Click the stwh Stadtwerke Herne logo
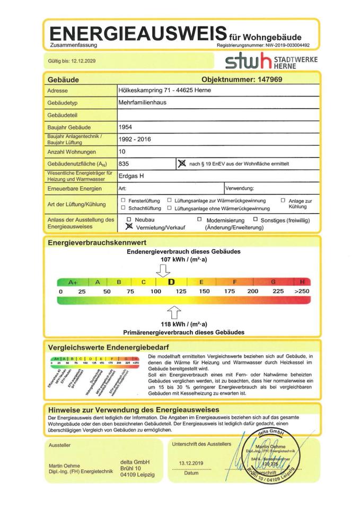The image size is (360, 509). click(271, 62)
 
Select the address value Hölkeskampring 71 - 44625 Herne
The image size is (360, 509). click(164, 90)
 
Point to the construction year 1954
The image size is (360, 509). click(126, 127)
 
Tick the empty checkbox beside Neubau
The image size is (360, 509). click(129, 218)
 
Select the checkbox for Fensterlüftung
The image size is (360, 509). click(123, 200)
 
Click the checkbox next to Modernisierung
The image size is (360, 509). click(199, 219)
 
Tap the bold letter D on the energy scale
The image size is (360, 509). click(171, 282)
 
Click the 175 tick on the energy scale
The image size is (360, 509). click(230, 292)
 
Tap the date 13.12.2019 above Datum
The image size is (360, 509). click(191, 463)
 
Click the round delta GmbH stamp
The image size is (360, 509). click(265, 456)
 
